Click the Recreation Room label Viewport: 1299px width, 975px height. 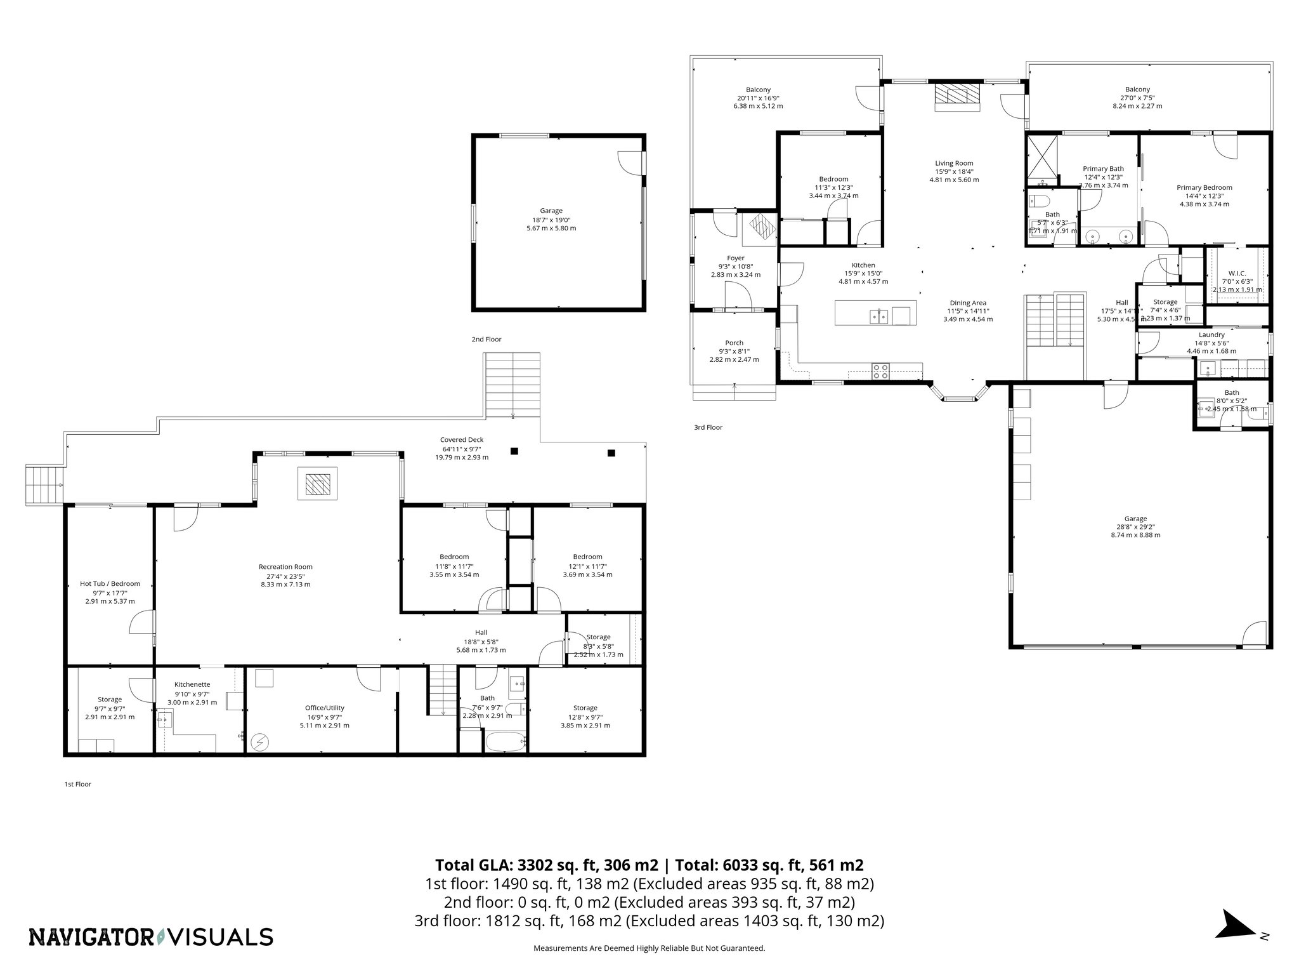285,567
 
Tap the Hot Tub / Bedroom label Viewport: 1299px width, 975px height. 110,583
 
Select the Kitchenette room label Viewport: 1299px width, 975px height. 192,684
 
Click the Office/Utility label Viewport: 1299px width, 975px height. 324,708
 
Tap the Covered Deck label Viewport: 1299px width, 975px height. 462,440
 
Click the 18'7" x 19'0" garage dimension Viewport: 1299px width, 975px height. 551,220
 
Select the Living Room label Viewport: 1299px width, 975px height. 954,163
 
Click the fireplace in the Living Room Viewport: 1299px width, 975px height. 958,96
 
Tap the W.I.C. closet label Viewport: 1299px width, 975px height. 1237,273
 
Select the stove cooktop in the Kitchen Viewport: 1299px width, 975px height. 880,371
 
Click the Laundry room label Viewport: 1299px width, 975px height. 1211,335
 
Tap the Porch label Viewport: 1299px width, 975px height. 734,343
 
